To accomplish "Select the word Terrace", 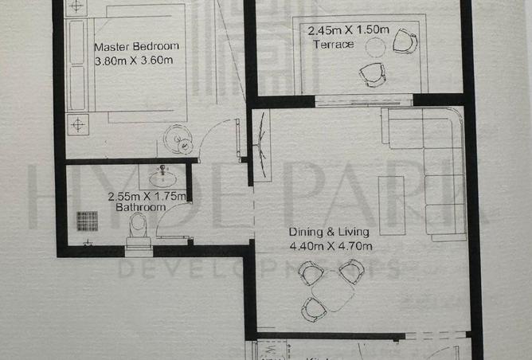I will [x=333, y=45].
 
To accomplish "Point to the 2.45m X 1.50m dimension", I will [x=348, y=30].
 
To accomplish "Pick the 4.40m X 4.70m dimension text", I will [x=331, y=246].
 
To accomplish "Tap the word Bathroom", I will [x=141, y=207].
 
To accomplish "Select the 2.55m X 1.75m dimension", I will [x=147, y=196].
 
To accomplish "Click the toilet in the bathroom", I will [x=139, y=229].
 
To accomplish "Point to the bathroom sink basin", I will [x=163, y=172].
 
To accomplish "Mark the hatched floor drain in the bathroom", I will [x=86, y=220].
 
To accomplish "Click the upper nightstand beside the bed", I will [x=76, y=6].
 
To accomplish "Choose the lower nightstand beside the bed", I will [x=78, y=123].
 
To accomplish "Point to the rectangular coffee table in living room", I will [x=391, y=205].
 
